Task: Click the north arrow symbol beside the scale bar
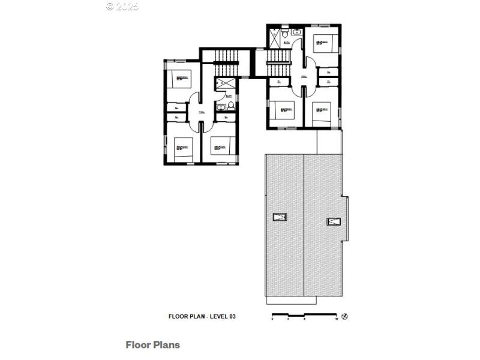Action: coord(344,316)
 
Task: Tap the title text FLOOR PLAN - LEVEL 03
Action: coord(202,316)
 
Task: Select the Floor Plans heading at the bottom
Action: coord(152,345)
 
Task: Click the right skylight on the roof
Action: coord(333,221)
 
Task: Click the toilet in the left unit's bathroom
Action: coord(230,107)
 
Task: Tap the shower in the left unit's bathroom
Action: coord(221,84)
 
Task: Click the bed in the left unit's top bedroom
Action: coord(179,79)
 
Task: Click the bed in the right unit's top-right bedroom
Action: coord(323,43)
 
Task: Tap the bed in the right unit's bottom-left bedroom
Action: coord(284,111)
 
